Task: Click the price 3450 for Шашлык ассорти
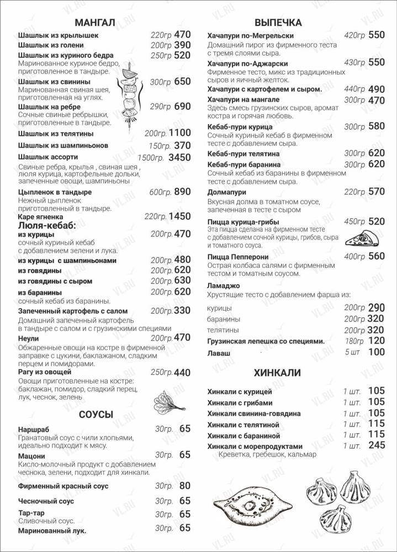179,157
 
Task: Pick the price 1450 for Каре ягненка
179,216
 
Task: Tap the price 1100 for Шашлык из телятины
179,133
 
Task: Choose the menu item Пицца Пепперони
238,257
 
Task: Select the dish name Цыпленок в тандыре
55,192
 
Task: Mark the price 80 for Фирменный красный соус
184,486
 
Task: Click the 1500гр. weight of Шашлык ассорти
151,158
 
